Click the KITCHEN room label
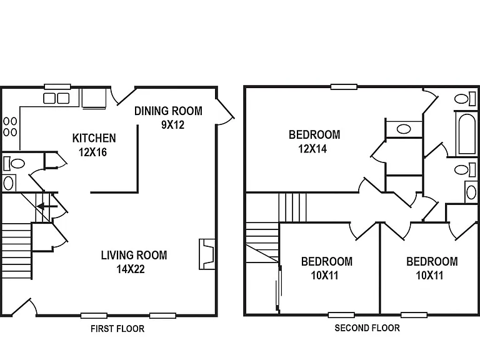tap(94, 138)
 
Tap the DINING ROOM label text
tap(168, 111)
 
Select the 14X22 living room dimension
tap(131, 269)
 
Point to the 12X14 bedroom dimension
tap(312, 149)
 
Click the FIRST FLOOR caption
tap(117, 329)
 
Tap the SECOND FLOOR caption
tap(367, 328)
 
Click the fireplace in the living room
tap(207, 254)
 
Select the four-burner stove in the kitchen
tap(10, 127)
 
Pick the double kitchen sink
tap(56, 98)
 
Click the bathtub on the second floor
tap(466, 134)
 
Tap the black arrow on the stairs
tap(47, 207)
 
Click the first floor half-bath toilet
tap(14, 163)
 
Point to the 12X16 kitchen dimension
tap(92, 152)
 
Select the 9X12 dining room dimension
tap(173, 125)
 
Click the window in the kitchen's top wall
tap(57, 87)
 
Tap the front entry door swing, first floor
tap(23, 306)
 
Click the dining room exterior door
tap(225, 111)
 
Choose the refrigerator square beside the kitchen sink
tap(94, 98)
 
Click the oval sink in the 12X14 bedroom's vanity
tap(404, 129)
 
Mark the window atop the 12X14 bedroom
tap(344, 87)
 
